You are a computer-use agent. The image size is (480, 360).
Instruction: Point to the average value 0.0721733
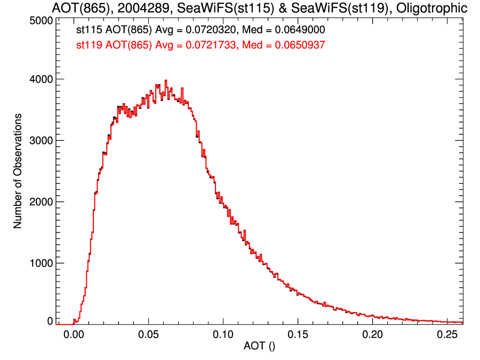click(210, 46)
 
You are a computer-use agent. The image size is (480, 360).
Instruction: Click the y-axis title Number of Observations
click(18, 171)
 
